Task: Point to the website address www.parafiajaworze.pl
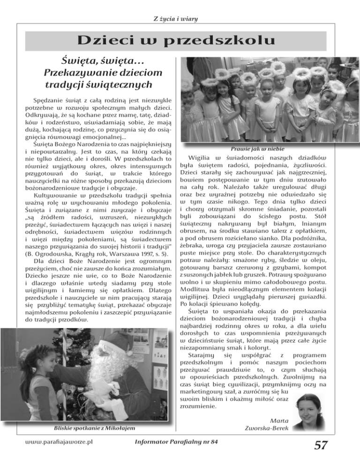click(58, 442)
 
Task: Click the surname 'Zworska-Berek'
click(266, 428)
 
